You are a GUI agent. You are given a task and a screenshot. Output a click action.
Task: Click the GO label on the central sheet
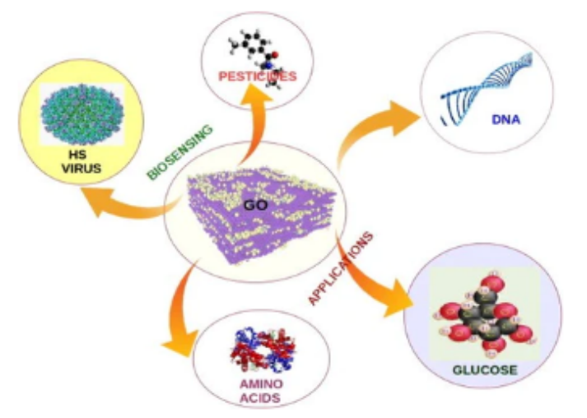pyautogui.click(x=255, y=205)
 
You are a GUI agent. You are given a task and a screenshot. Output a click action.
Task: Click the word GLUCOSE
pyautogui.click(x=485, y=370)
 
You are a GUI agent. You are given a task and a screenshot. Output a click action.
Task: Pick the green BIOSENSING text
pyautogui.click(x=180, y=152)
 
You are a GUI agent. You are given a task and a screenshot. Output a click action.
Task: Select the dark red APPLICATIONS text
pyautogui.click(x=341, y=268)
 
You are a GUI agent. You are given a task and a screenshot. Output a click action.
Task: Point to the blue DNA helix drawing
pyautogui.click(x=487, y=83)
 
